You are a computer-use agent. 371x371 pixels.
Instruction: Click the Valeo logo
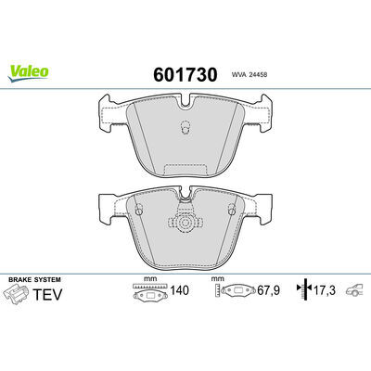[x=28, y=73]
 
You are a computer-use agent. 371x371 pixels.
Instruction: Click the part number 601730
[x=185, y=74]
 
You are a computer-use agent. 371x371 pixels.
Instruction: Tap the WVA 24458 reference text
[x=249, y=75]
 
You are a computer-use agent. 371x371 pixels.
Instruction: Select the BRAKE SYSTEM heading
[x=34, y=279]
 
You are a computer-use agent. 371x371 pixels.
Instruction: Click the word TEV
[x=47, y=294]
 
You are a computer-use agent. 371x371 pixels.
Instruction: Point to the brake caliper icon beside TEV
[x=16, y=295]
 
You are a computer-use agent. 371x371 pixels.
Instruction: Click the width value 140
[x=179, y=290]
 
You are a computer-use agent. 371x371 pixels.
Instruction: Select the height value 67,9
[x=268, y=290]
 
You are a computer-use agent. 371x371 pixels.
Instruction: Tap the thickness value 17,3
[x=325, y=290]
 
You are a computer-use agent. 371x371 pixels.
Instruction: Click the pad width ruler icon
[x=150, y=291]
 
